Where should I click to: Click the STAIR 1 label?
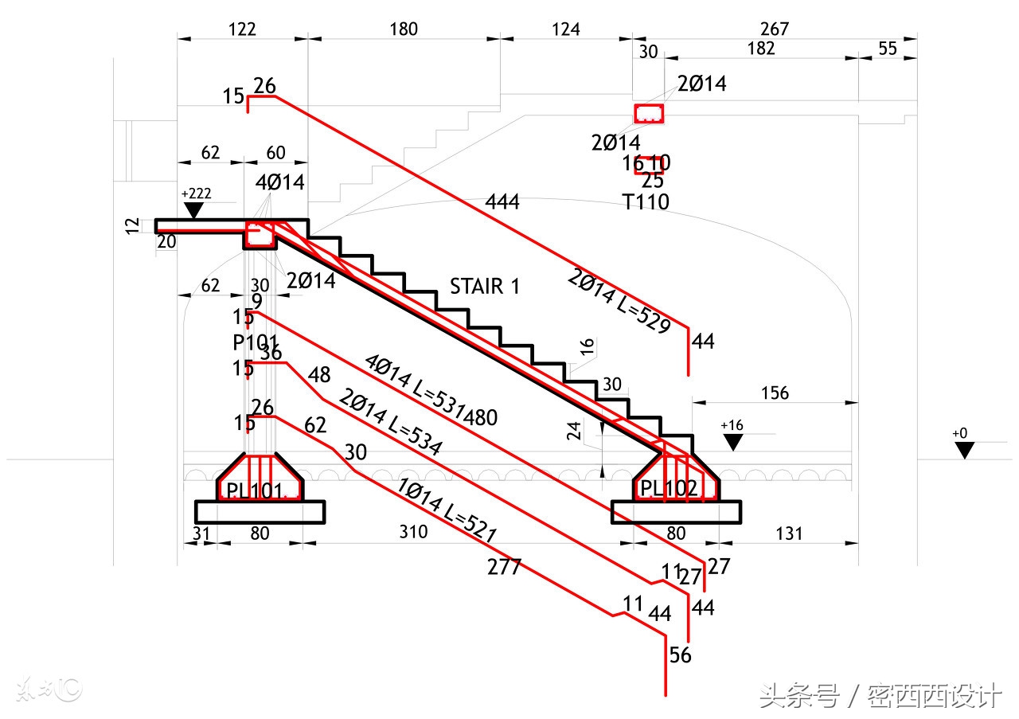pos(484,287)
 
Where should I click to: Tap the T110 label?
pos(646,202)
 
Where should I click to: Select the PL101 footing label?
pos(255,491)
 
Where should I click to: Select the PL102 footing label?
pos(670,488)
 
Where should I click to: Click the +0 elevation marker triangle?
pos(965,451)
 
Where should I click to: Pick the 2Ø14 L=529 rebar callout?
pos(619,302)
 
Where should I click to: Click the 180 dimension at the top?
pos(404,29)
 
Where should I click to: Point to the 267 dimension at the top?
pos(774,29)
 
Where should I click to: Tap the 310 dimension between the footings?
pos(413,532)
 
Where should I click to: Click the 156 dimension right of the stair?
pos(774,393)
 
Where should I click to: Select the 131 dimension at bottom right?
pos(788,533)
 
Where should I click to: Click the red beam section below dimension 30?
pos(649,114)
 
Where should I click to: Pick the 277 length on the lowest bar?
pos(504,567)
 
